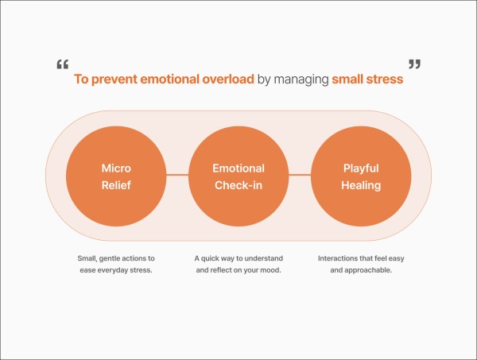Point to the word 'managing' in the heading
point(301,79)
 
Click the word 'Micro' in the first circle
point(115,168)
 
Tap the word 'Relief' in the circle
point(115,186)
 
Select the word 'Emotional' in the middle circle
point(238,168)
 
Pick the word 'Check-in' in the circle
point(238,186)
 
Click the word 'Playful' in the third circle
point(362,168)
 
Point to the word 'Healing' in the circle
point(362,186)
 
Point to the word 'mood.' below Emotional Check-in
point(272,271)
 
